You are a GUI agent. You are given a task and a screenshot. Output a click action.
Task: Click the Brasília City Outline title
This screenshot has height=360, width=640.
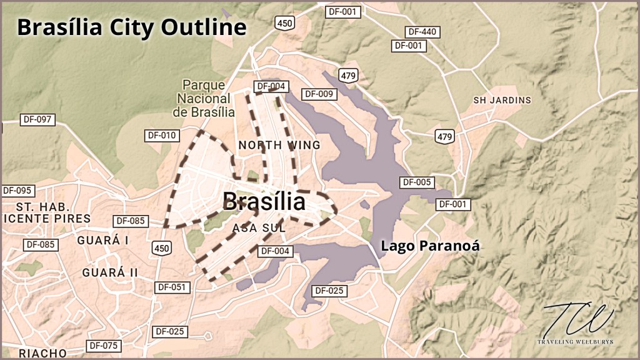click(131, 27)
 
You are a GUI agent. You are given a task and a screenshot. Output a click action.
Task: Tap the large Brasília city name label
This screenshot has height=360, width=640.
click(264, 202)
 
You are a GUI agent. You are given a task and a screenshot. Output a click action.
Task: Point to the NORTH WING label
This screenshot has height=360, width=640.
click(279, 145)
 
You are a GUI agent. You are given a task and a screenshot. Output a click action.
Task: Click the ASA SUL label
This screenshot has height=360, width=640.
click(259, 228)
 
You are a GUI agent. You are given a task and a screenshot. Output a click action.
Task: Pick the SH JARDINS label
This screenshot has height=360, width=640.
click(502, 100)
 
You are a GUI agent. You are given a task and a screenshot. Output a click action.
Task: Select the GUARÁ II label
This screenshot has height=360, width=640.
click(109, 272)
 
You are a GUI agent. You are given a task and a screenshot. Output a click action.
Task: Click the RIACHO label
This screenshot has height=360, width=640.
click(42, 353)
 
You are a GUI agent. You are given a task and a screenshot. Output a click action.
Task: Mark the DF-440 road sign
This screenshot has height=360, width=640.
click(423, 31)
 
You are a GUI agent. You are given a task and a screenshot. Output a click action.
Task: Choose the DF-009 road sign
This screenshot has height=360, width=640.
click(319, 94)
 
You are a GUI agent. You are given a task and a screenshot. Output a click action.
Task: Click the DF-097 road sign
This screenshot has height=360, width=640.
click(38, 119)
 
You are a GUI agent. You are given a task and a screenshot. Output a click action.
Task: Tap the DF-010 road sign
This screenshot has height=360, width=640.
click(162, 134)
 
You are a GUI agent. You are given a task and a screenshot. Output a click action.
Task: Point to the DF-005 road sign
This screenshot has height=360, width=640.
click(416, 182)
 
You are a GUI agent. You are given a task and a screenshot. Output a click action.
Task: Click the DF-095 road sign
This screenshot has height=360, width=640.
click(17, 190)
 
